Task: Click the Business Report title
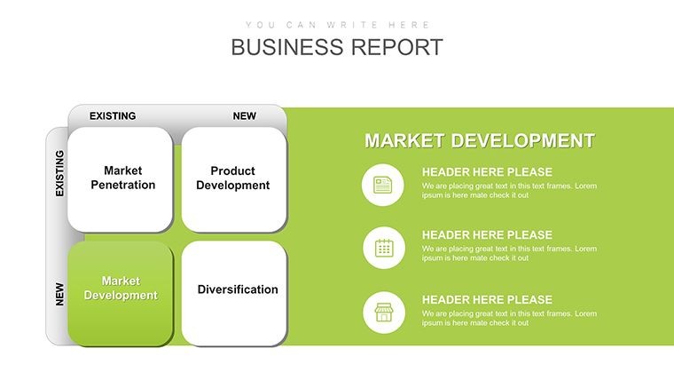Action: pyautogui.click(x=337, y=47)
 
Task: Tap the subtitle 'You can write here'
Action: pyautogui.click(x=337, y=25)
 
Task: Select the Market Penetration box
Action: pyautogui.click(x=120, y=179)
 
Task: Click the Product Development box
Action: pyautogui.click(x=234, y=179)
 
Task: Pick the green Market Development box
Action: pyautogui.click(x=120, y=294)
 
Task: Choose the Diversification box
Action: pyautogui.click(x=234, y=294)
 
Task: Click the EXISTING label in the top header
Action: pyautogui.click(x=113, y=116)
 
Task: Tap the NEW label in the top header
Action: pyautogui.click(x=245, y=116)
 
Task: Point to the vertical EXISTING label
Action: pyautogui.click(x=59, y=173)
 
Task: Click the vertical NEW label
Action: pyautogui.click(x=59, y=295)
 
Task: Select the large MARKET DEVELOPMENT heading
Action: pyautogui.click(x=480, y=141)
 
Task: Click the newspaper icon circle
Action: pyautogui.click(x=382, y=185)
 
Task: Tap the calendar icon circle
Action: pyautogui.click(x=384, y=248)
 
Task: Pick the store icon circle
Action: pyautogui.click(x=384, y=313)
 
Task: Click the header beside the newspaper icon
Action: pyautogui.click(x=487, y=172)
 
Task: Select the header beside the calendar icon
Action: pyautogui.click(x=487, y=235)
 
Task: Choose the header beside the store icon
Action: pyautogui.click(x=487, y=299)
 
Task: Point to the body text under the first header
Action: pyautogui.click(x=509, y=191)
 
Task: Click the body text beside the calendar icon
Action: pyautogui.click(x=509, y=253)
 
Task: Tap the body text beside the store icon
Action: pyautogui.click(x=509, y=318)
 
